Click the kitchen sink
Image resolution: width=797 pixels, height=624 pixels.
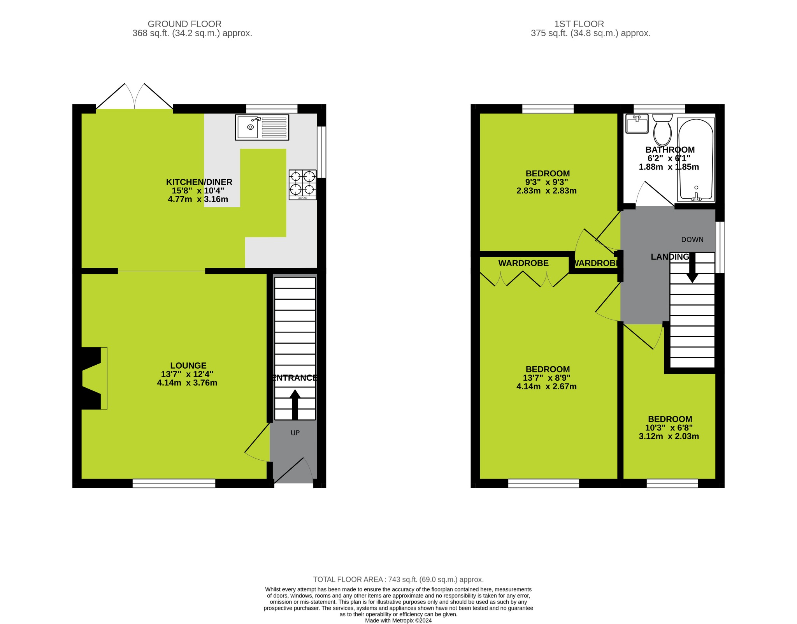262,127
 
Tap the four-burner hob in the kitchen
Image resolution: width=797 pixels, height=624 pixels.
302,185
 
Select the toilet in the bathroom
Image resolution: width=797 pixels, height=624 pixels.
662,130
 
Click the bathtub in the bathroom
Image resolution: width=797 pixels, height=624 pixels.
696,160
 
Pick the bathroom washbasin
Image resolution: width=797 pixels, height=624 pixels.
637,123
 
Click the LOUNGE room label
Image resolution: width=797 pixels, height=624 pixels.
188,366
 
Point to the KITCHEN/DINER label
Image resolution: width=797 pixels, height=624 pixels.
199,182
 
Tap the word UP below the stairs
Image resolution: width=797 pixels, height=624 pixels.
295,433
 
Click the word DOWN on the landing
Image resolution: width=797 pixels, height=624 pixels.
692,240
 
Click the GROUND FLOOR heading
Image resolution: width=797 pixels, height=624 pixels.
184,24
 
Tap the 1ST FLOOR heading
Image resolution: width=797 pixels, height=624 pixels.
579,24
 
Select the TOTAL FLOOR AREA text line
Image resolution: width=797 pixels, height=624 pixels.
398,580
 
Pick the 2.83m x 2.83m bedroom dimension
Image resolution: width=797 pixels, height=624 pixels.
546,191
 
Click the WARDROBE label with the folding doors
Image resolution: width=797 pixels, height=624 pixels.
523,263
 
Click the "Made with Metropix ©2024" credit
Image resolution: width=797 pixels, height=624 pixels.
398,620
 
